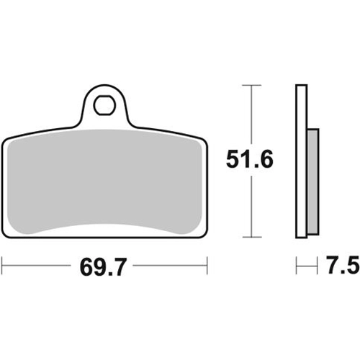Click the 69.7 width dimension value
click(102, 266)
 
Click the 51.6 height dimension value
click(250, 159)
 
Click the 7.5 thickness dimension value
click(343, 266)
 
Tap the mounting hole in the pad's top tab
click(104, 105)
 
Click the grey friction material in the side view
click(313, 181)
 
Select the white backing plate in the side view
click(302, 161)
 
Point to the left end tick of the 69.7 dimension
click(2, 266)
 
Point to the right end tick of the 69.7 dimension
click(207, 266)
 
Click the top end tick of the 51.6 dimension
click(251, 85)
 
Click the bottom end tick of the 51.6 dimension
click(251, 237)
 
